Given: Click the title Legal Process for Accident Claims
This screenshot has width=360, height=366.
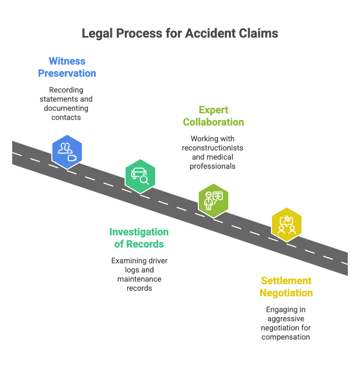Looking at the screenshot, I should point(180,34).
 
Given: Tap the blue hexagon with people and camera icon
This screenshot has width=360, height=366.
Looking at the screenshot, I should point(67,151).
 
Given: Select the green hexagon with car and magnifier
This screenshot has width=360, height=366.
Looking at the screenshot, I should point(140,175).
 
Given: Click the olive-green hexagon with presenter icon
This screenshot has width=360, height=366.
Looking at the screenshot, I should point(213,200).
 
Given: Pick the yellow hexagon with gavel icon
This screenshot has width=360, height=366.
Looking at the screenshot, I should point(286,224).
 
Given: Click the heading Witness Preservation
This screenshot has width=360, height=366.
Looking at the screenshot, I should point(67,67).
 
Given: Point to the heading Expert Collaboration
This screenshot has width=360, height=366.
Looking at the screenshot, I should point(213,116).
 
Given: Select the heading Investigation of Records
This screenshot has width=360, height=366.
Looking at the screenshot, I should point(139,238).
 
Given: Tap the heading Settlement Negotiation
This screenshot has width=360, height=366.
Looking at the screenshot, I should point(286,287).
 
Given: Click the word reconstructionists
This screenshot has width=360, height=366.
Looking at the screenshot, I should point(213,148).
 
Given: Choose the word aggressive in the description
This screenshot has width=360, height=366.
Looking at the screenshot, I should point(286,319).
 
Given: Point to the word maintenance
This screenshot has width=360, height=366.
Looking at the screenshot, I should point(139,279).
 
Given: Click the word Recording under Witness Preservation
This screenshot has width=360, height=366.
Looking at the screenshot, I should point(67,90).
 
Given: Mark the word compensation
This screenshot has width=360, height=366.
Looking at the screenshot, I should point(286,337).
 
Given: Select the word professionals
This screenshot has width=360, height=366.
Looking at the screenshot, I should point(213,166).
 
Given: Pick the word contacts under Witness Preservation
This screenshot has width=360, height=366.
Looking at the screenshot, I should point(67,117).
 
